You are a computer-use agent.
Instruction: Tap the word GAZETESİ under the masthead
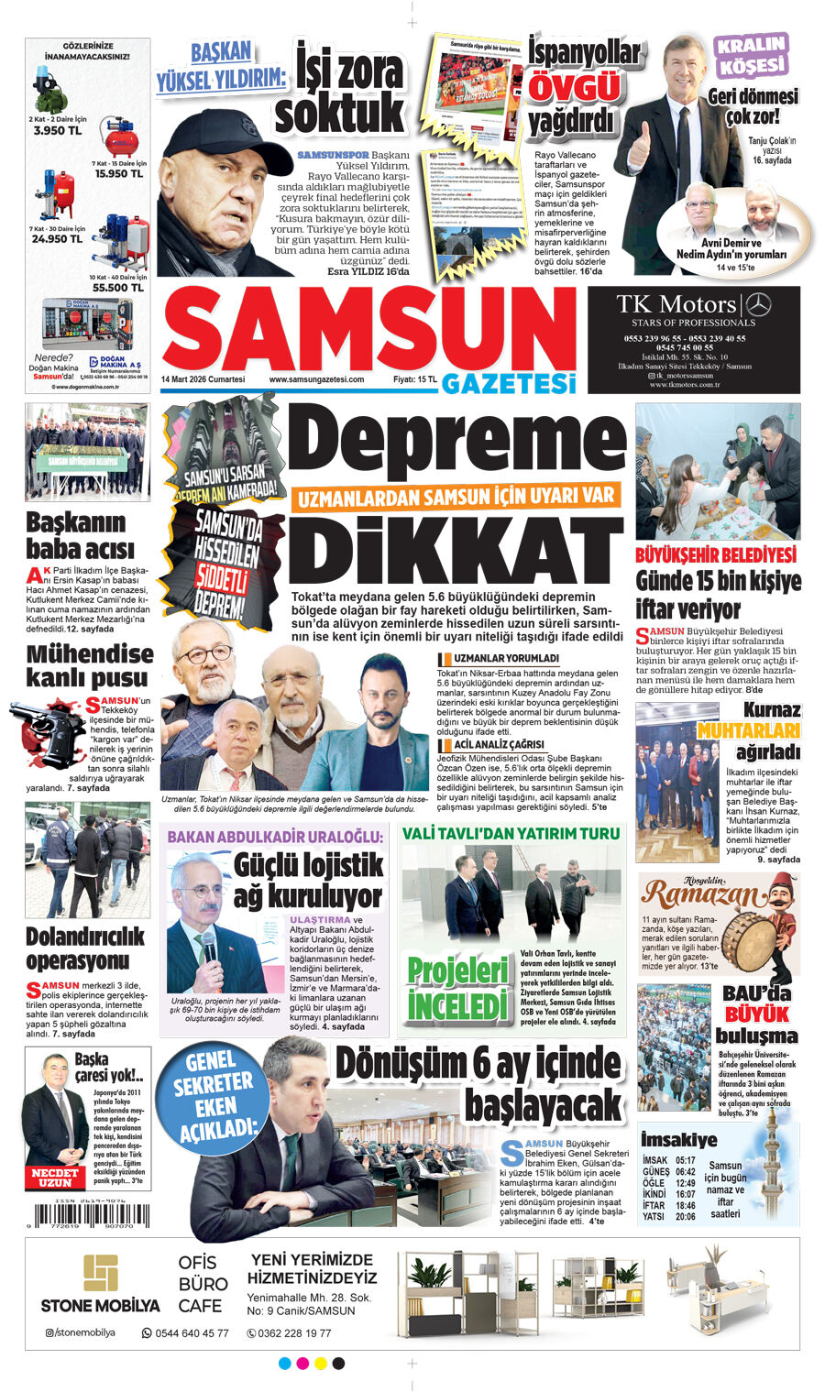508,382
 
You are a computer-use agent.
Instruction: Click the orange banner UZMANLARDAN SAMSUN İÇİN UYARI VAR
455,497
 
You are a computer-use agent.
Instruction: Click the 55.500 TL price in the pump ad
116,287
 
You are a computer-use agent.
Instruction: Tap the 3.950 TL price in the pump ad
57,131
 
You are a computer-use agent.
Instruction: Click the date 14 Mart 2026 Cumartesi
203,379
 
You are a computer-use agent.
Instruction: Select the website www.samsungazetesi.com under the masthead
316,379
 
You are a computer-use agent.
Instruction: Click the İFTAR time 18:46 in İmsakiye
685,1206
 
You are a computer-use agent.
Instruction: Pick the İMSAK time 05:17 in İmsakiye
685,1161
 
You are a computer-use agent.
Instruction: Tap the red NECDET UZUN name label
55,1177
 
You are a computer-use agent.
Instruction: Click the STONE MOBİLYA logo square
100,1273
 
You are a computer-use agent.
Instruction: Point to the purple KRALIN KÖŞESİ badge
751,55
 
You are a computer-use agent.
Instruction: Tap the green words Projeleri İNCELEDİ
457,989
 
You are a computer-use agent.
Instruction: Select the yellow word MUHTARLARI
748,730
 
